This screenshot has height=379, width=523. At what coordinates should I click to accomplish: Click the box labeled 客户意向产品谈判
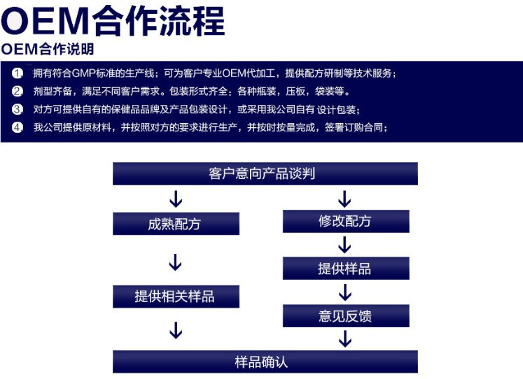[265, 173]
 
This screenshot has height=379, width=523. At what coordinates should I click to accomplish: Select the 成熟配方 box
[176, 224]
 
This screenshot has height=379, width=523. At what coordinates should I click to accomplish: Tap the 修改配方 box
[345, 221]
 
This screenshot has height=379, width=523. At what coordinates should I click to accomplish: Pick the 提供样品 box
[345, 269]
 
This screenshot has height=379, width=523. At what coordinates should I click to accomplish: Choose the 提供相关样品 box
[176, 296]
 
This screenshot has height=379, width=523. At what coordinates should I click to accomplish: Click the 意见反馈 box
[345, 316]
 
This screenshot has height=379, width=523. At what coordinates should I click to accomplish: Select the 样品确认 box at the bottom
[265, 362]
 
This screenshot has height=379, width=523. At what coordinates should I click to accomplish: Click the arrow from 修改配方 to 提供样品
[344, 245]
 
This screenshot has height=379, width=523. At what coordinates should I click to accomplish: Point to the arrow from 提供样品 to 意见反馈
[344, 292]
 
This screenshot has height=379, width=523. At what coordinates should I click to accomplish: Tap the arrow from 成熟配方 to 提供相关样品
[176, 262]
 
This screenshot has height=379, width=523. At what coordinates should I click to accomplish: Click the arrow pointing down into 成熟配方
[176, 199]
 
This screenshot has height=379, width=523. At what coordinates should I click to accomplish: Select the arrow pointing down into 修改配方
[344, 198]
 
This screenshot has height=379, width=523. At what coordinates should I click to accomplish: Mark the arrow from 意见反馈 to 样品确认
[344, 339]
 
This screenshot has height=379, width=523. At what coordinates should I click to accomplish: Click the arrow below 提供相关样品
[176, 329]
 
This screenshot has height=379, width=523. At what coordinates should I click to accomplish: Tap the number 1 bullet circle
[18, 73]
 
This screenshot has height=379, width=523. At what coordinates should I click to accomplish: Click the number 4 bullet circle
[18, 127]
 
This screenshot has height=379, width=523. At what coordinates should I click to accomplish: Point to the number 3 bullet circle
[18, 109]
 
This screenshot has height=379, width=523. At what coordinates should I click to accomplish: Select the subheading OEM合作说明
[48, 50]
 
